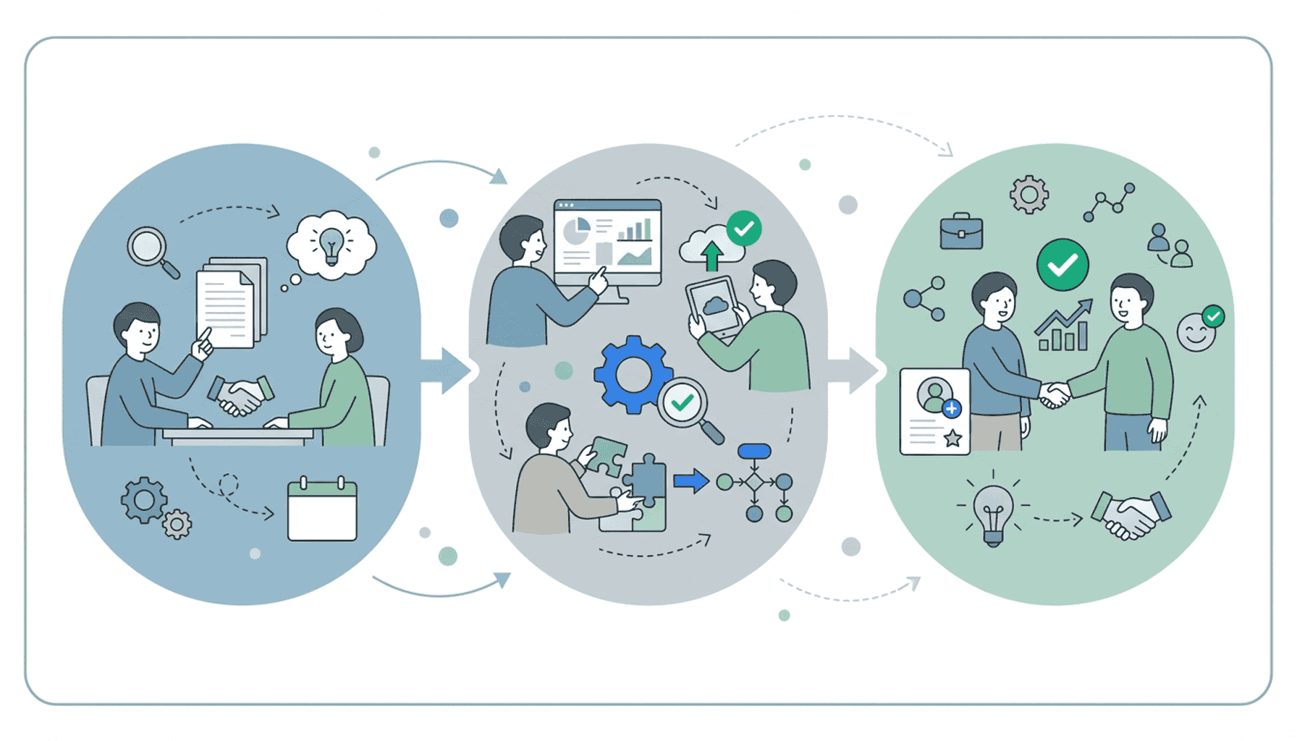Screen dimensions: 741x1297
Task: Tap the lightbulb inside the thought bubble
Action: (x=331, y=244)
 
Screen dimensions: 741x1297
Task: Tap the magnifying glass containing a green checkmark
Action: (x=683, y=403)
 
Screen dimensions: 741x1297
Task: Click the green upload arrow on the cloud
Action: (x=712, y=255)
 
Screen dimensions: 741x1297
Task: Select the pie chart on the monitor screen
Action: (x=577, y=231)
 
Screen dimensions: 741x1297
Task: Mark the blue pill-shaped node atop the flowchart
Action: (x=754, y=452)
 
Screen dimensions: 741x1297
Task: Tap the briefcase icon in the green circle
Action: (x=961, y=232)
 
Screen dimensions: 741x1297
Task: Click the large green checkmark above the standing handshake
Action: (x=1062, y=265)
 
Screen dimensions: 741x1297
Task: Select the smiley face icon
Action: (x=1196, y=333)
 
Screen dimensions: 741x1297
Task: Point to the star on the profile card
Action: (x=952, y=437)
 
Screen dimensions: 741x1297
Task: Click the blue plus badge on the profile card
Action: (x=952, y=409)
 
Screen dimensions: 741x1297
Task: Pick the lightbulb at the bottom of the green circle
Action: (x=993, y=512)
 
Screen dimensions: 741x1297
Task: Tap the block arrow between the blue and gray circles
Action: (x=445, y=370)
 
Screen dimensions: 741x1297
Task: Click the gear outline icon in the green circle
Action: (x=1028, y=194)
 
